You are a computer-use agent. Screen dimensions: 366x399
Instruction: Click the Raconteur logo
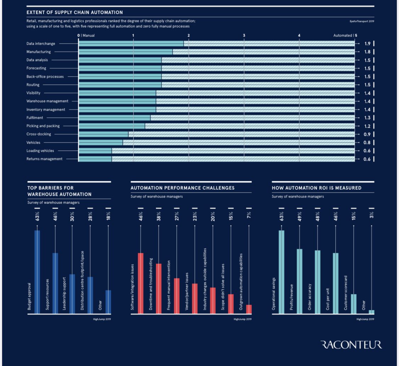pos(351,344)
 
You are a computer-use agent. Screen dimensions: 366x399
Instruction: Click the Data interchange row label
pos(41,44)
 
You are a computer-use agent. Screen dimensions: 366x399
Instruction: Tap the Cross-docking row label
pos(39,134)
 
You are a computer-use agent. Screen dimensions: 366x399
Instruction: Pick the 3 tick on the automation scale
pos(244,35)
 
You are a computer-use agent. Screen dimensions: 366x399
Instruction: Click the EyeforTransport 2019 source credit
pos(362,22)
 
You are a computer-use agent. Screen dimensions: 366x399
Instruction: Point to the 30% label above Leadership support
pos(72,216)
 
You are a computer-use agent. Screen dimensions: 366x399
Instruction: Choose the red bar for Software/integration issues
pos(140,283)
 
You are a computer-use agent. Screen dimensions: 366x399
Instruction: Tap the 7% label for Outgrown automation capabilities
pos(249,215)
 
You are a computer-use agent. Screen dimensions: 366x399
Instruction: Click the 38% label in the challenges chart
pos(159,216)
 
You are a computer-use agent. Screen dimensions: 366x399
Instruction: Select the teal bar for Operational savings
pos(282,272)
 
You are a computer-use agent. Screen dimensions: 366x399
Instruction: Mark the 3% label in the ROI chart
pos(371,215)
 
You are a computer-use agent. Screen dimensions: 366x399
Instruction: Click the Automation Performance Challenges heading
pos(182,188)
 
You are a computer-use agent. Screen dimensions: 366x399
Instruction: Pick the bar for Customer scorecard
pos(354,304)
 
